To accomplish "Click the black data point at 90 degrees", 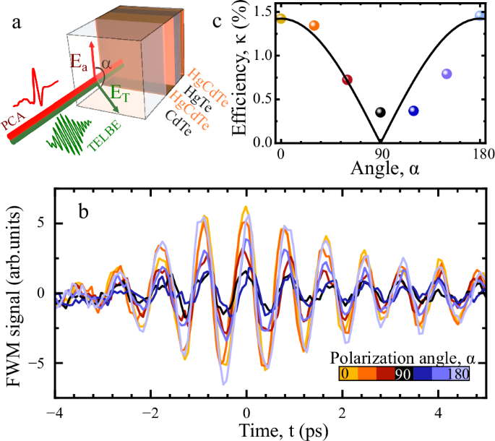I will tap(381, 113).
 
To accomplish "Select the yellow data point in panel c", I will tap(281, 18).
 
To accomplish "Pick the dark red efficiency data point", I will tap(347, 80).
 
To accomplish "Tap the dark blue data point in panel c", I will tap(413, 111).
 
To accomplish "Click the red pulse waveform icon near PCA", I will tap(43, 85).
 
